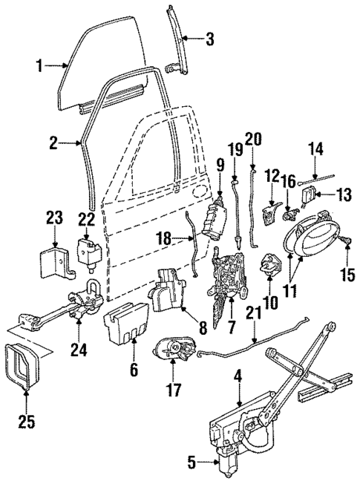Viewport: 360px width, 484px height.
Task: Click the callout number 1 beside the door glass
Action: click(x=39, y=67)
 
